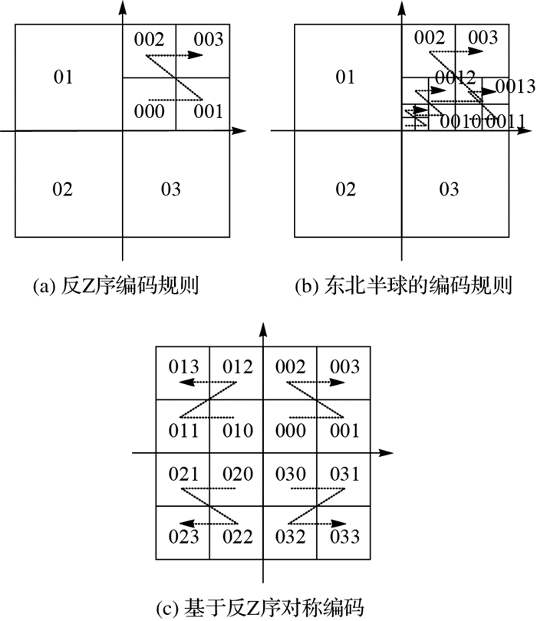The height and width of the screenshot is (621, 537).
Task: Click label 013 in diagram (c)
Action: pyautogui.click(x=184, y=367)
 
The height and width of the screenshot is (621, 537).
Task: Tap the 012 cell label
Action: pyautogui.click(x=238, y=367)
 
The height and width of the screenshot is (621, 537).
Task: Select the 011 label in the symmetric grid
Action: pyautogui.click(x=184, y=431)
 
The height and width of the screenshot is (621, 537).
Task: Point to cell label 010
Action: pyautogui.click(x=238, y=431)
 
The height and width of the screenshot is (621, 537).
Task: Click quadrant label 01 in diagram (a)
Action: pyautogui.click(x=64, y=77)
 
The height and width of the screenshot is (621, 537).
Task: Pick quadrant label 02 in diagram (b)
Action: pyautogui.click(x=346, y=189)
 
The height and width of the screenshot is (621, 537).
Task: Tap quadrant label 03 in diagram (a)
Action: pyautogui.click(x=170, y=189)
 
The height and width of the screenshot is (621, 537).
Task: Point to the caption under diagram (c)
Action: pyautogui.click(x=265, y=608)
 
